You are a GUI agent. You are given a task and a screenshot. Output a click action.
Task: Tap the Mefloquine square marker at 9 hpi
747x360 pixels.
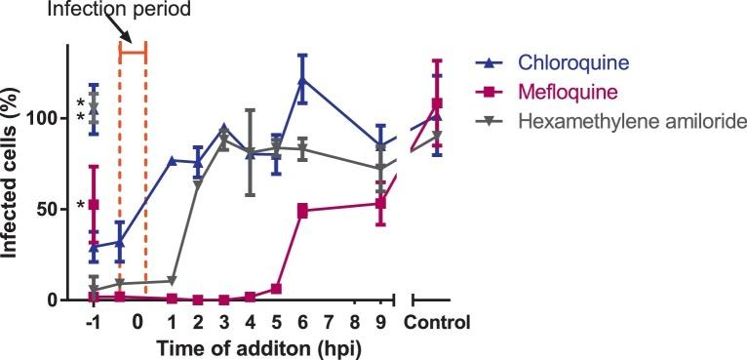point(380,204)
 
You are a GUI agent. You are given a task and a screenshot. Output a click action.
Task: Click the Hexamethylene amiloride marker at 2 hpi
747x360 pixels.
point(198,182)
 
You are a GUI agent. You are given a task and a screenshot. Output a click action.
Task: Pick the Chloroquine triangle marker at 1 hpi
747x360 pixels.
point(172,160)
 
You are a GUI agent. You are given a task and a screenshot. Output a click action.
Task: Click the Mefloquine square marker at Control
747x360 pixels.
point(438,103)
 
